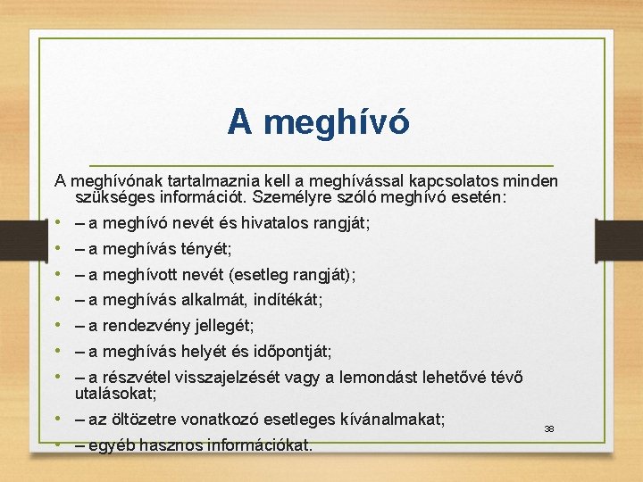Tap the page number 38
[x=549, y=429]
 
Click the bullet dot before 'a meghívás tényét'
[x=56, y=249]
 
